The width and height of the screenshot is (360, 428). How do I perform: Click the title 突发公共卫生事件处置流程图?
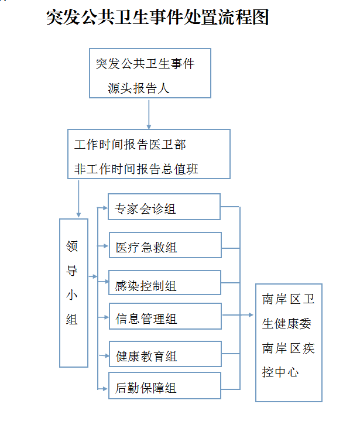(x=157, y=17)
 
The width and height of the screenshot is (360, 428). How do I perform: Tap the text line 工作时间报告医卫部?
(x=130, y=145)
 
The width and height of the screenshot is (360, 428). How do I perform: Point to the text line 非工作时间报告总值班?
(x=136, y=169)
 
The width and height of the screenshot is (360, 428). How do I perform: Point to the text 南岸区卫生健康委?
(x=288, y=311)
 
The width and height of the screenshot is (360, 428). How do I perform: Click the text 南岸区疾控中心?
(x=288, y=360)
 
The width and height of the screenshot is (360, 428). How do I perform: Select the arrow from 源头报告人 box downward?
(x=149, y=114)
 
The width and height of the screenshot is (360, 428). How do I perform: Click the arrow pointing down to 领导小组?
(x=78, y=198)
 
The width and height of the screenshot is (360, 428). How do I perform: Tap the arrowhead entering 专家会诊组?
(x=105, y=208)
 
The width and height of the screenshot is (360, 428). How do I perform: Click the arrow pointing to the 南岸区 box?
(x=238, y=315)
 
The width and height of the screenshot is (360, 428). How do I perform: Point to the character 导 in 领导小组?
(x=72, y=271)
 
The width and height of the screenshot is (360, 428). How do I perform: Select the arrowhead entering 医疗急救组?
(x=106, y=246)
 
